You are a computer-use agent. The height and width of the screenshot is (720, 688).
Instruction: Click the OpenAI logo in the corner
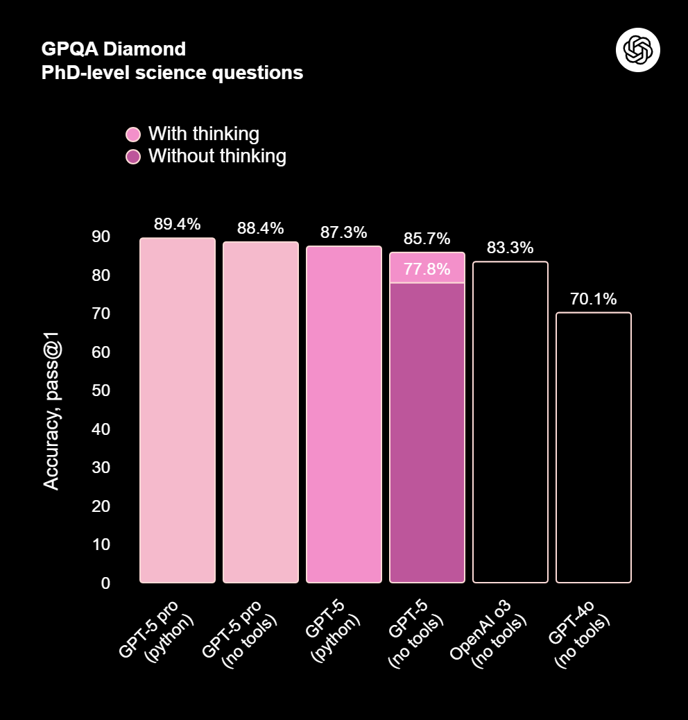637,49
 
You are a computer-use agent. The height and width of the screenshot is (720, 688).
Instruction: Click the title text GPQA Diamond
114,49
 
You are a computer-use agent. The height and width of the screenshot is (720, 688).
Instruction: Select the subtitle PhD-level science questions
172,72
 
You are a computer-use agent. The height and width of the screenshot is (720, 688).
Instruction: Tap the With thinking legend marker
133,135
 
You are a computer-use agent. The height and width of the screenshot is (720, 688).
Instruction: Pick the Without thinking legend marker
133,157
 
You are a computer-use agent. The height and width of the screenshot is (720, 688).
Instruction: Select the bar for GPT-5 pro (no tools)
261,413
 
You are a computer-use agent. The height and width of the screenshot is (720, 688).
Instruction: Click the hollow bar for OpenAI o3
510,422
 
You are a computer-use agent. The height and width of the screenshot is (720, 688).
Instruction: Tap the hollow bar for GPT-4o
594,447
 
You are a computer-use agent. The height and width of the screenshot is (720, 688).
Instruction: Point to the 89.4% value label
178,224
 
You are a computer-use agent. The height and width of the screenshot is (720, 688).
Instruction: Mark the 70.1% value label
594,299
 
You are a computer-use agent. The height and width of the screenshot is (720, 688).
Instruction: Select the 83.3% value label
510,248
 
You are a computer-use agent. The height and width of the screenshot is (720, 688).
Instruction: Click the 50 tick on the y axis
101,391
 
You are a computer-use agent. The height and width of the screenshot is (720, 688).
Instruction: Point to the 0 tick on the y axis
105,583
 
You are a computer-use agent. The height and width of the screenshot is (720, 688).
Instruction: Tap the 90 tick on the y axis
101,237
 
